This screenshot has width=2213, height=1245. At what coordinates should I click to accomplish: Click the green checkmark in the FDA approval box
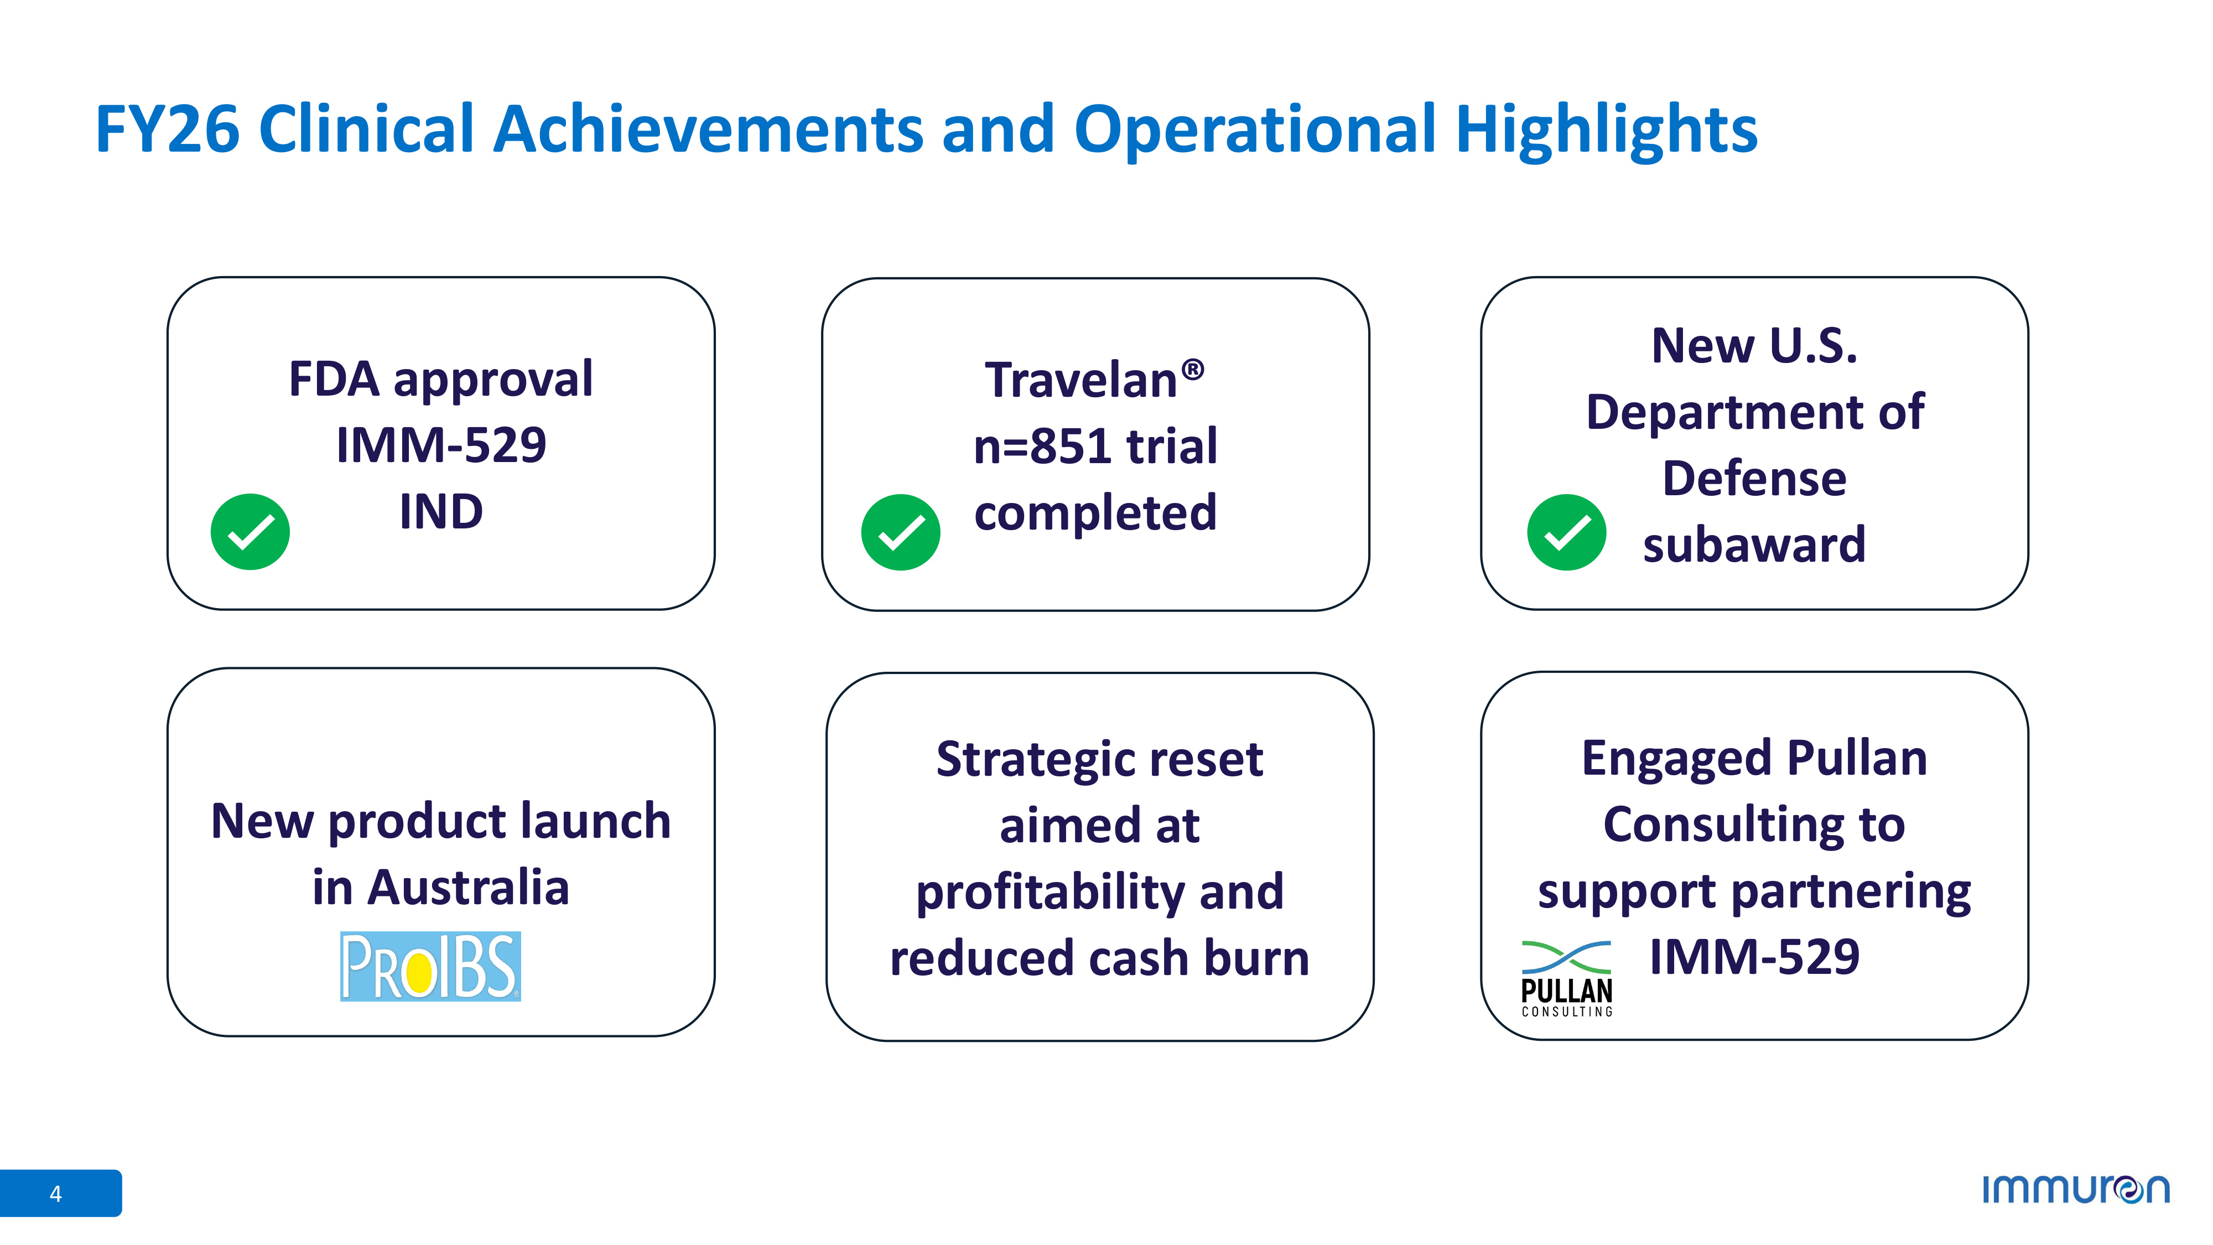pos(250,532)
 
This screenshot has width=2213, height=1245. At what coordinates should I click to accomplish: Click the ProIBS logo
pos(430,967)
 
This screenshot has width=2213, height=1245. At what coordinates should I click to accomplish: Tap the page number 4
pos(56,1194)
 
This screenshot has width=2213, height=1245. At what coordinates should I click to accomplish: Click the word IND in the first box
pos(441,512)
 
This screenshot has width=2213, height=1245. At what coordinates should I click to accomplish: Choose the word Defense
pos(1754,479)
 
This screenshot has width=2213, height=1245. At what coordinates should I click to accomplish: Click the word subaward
pos(1754,544)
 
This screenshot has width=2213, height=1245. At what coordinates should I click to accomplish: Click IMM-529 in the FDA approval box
pos(441,445)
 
